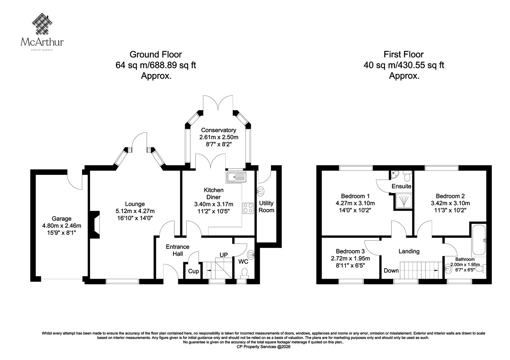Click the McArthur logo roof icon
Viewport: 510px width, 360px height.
pyautogui.click(x=42, y=24)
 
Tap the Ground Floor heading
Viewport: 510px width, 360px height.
pyautogui.click(x=156, y=54)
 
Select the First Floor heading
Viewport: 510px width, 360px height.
pyautogui.click(x=404, y=54)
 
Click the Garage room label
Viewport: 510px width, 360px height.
pyautogui.click(x=62, y=219)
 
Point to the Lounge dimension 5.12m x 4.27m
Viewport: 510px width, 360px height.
pyautogui.click(x=135, y=211)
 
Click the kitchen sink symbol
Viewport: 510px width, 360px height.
pyautogui.click(x=236, y=177)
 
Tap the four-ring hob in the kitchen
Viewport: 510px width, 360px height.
pyautogui.click(x=248, y=208)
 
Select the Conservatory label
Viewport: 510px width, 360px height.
pyautogui.click(x=219, y=130)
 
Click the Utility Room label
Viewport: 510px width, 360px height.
pyautogui.click(x=266, y=207)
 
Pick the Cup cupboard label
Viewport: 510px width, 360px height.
pyautogui.click(x=193, y=271)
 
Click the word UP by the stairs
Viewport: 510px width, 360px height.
pyautogui.click(x=223, y=255)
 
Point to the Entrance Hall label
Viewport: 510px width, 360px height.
pyautogui.click(x=177, y=250)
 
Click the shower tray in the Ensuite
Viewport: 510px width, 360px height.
pyautogui.click(x=404, y=201)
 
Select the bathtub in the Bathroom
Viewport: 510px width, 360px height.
pyautogui.click(x=479, y=240)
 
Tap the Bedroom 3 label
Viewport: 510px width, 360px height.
pyautogui.click(x=350, y=251)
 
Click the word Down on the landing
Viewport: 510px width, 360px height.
pyautogui.click(x=391, y=270)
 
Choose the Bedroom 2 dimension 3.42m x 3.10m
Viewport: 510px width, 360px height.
pyautogui.click(x=450, y=203)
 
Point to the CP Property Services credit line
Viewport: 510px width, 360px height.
pyautogui.click(x=263, y=347)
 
